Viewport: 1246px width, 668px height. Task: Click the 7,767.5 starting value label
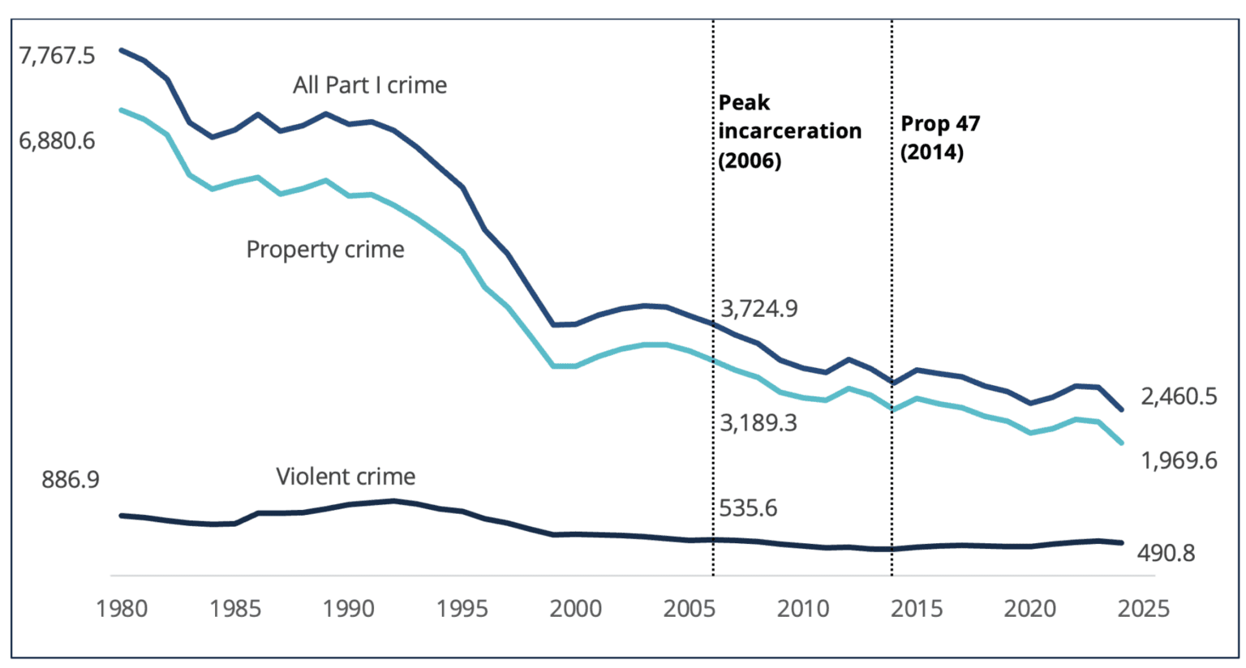click(57, 56)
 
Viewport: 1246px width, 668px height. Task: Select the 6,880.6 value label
click(57, 141)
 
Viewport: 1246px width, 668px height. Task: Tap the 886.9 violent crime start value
click(71, 479)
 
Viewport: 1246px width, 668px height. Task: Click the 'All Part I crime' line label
click(370, 85)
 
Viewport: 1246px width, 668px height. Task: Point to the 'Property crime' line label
click(324, 250)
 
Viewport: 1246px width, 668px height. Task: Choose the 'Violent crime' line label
click(346, 477)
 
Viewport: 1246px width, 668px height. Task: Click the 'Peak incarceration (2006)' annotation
click(789, 131)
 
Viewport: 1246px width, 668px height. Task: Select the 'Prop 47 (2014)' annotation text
click(940, 138)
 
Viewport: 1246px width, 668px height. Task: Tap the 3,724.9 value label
click(759, 309)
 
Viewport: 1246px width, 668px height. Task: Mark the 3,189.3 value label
click(758, 422)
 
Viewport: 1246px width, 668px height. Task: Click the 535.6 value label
click(748, 508)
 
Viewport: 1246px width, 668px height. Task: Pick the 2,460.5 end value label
click(1179, 396)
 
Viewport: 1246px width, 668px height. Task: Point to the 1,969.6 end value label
click(1179, 460)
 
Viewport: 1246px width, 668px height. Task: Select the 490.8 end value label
click(1166, 553)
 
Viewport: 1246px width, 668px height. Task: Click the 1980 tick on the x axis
click(122, 608)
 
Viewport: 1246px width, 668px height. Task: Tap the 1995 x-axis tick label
click(462, 608)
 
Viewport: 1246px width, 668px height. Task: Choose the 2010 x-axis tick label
click(803, 608)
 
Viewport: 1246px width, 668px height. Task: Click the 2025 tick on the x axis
click(1143, 608)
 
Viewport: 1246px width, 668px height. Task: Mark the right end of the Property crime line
click(1121, 443)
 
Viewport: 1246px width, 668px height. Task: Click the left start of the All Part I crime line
click(122, 50)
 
